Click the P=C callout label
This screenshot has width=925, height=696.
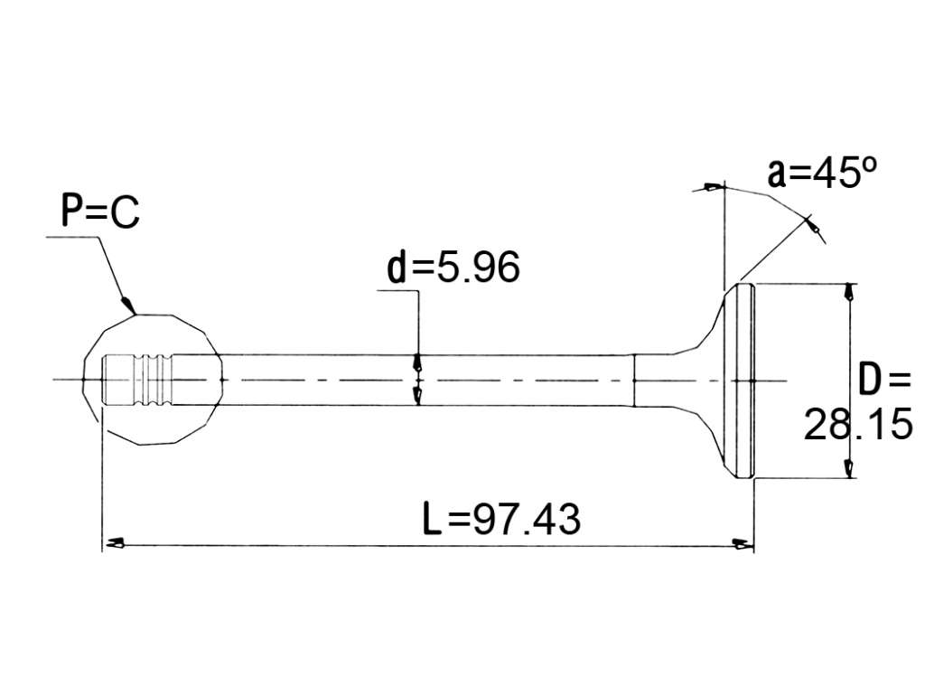[101, 212]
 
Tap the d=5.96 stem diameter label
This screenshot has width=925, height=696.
[453, 267]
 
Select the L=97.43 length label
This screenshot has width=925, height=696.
[502, 519]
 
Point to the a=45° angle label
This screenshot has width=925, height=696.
[822, 173]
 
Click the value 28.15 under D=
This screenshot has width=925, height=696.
[858, 424]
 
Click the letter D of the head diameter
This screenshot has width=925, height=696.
[869, 380]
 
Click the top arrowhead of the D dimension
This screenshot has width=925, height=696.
[848, 292]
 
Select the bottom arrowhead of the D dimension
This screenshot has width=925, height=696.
[848, 468]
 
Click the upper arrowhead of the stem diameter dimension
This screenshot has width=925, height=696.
[418, 362]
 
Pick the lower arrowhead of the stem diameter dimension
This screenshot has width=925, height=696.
[418, 397]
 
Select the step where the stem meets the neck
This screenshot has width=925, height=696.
[634, 381]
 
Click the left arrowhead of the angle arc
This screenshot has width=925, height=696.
[712, 188]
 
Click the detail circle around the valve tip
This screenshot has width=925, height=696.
[83, 378]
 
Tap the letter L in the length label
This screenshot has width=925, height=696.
[433, 519]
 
